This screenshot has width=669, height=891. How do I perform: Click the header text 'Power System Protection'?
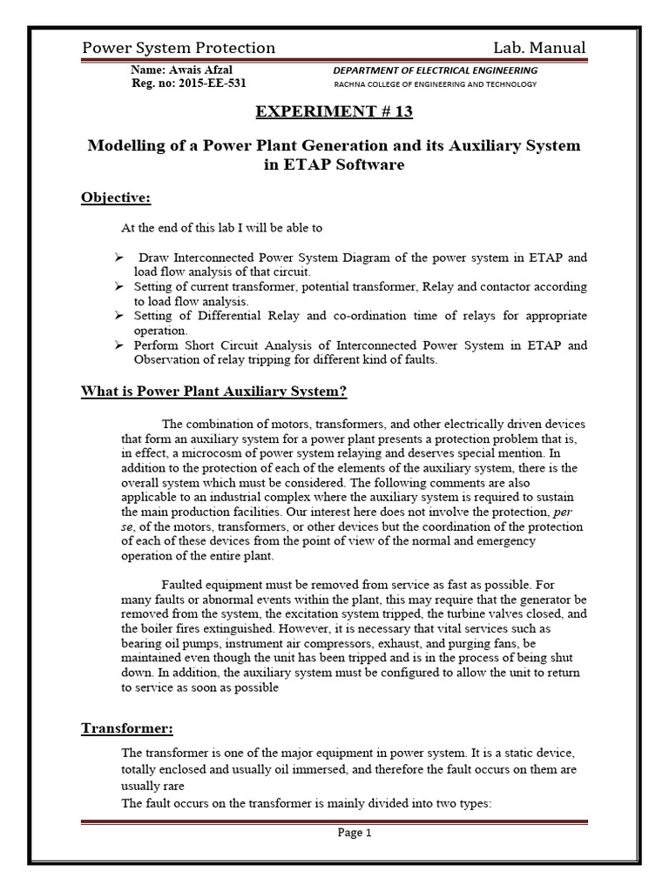click(x=179, y=48)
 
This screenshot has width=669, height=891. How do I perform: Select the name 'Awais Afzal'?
click(x=201, y=70)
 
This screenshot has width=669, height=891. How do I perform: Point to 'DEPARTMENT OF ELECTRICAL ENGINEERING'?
click(x=436, y=70)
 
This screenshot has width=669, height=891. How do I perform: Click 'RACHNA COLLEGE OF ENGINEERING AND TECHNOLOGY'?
click(x=436, y=84)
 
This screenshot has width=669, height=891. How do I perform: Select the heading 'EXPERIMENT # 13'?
click(x=334, y=112)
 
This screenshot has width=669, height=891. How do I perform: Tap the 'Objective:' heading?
click(x=116, y=198)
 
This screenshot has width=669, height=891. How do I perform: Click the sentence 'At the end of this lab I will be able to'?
click(x=221, y=228)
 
